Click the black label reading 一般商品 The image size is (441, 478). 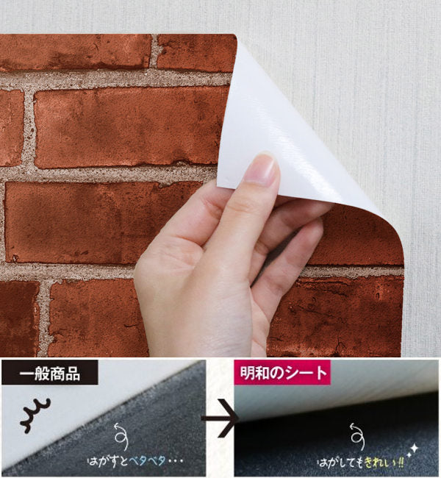click(x=50, y=372)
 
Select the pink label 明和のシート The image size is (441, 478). click(x=282, y=372)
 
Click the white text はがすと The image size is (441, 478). click(x=107, y=460)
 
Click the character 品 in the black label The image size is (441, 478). click(x=72, y=373)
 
